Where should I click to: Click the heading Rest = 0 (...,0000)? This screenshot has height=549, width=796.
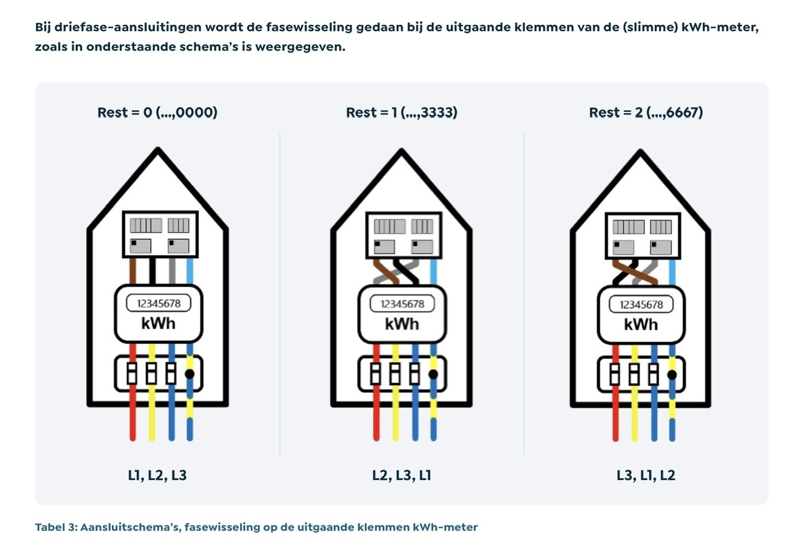(157, 113)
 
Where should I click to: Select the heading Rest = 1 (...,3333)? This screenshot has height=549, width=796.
(401, 113)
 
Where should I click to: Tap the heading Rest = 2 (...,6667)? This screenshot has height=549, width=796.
(646, 113)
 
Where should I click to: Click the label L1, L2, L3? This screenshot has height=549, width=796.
(157, 476)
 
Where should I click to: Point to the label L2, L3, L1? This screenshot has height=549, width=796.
(401, 476)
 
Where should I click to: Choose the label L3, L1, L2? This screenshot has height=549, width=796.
(646, 476)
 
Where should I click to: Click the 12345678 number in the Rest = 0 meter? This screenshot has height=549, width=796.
(158, 304)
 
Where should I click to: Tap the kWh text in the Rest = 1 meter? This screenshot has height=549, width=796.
(402, 324)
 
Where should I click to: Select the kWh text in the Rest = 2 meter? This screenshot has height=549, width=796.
(641, 324)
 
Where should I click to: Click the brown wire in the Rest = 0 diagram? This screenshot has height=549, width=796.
(132, 271)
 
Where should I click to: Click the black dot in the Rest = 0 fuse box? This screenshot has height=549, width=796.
(190, 374)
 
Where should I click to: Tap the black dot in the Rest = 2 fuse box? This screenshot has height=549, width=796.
(672, 375)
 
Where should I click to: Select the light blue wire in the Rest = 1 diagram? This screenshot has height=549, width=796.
(433, 271)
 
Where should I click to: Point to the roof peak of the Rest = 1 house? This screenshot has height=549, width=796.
(401, 150)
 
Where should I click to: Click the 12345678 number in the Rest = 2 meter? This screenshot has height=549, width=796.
(641, 305)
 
